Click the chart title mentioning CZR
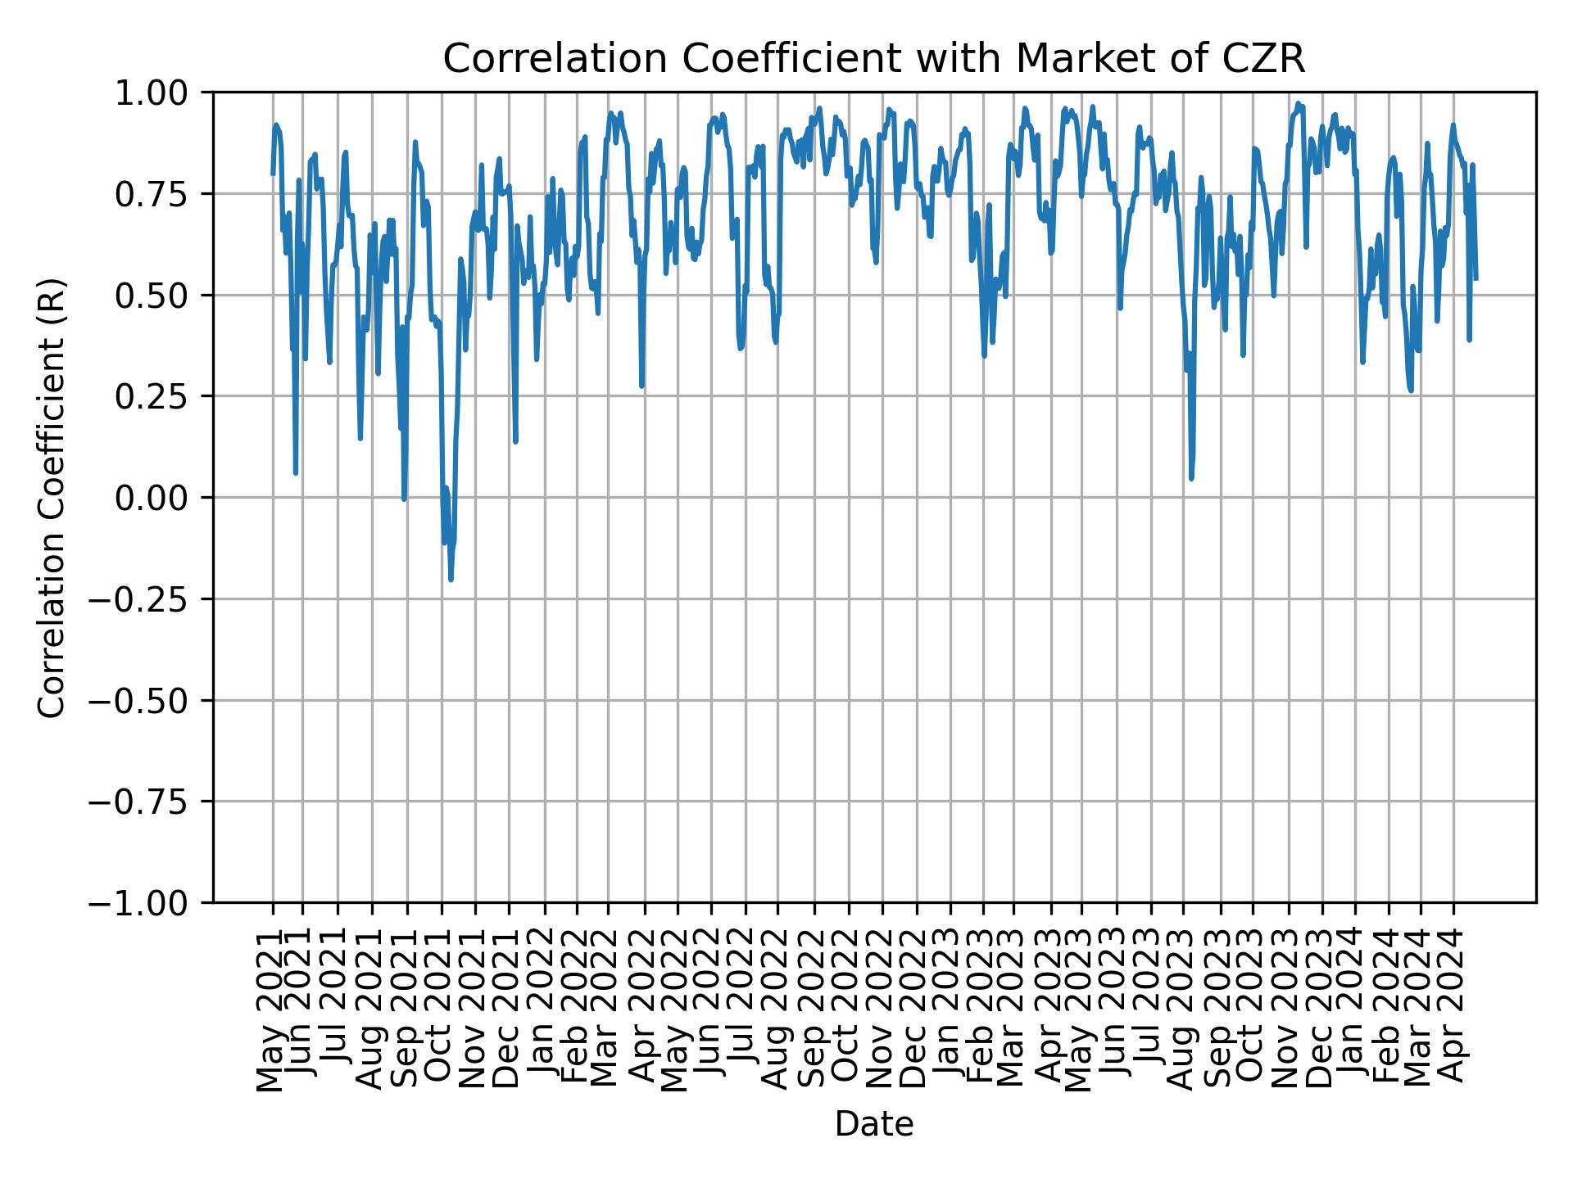point(873,59)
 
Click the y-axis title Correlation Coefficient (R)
point(51,498)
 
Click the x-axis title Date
point(873,1124)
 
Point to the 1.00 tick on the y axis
point(161,93)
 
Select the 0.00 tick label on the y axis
point(161,498)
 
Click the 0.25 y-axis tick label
point(161,396)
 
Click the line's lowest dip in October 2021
point(451,580)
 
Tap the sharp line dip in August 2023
point(1191,478)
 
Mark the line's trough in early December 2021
point(515,441)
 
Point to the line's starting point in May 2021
point(273,174)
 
